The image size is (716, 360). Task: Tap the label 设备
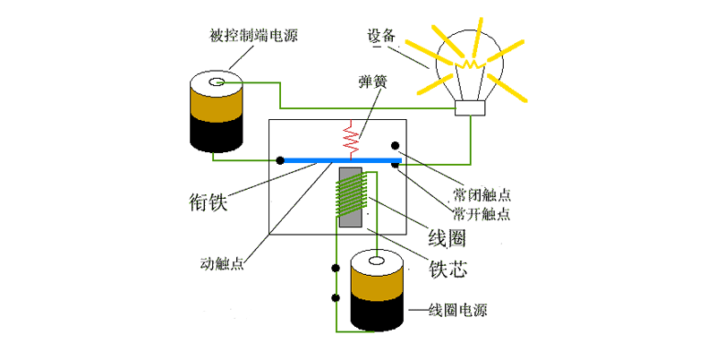[x=380, y=37]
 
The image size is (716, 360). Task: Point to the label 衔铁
[x=208, y=203]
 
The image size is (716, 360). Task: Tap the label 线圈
[x=445, y=240]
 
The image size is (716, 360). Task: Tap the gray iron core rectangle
[x=350, y=197]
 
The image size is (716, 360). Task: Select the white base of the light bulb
[x=470, y=108]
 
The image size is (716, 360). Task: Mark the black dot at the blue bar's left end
[x=280, y=160]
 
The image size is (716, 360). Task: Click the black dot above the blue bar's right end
[x=393, y=144]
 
